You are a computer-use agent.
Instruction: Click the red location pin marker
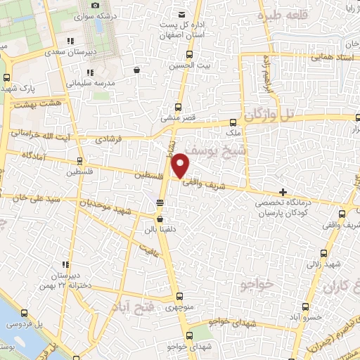[181, 165]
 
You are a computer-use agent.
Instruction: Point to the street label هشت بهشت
[35, 103]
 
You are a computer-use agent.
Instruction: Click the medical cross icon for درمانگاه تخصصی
[283, 191]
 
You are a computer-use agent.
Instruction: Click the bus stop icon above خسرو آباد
[306, 306]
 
